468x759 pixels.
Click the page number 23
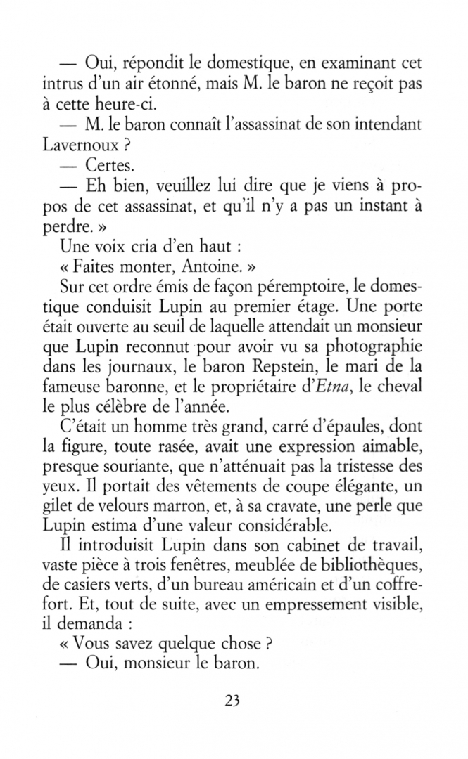(x=234, y=700)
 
